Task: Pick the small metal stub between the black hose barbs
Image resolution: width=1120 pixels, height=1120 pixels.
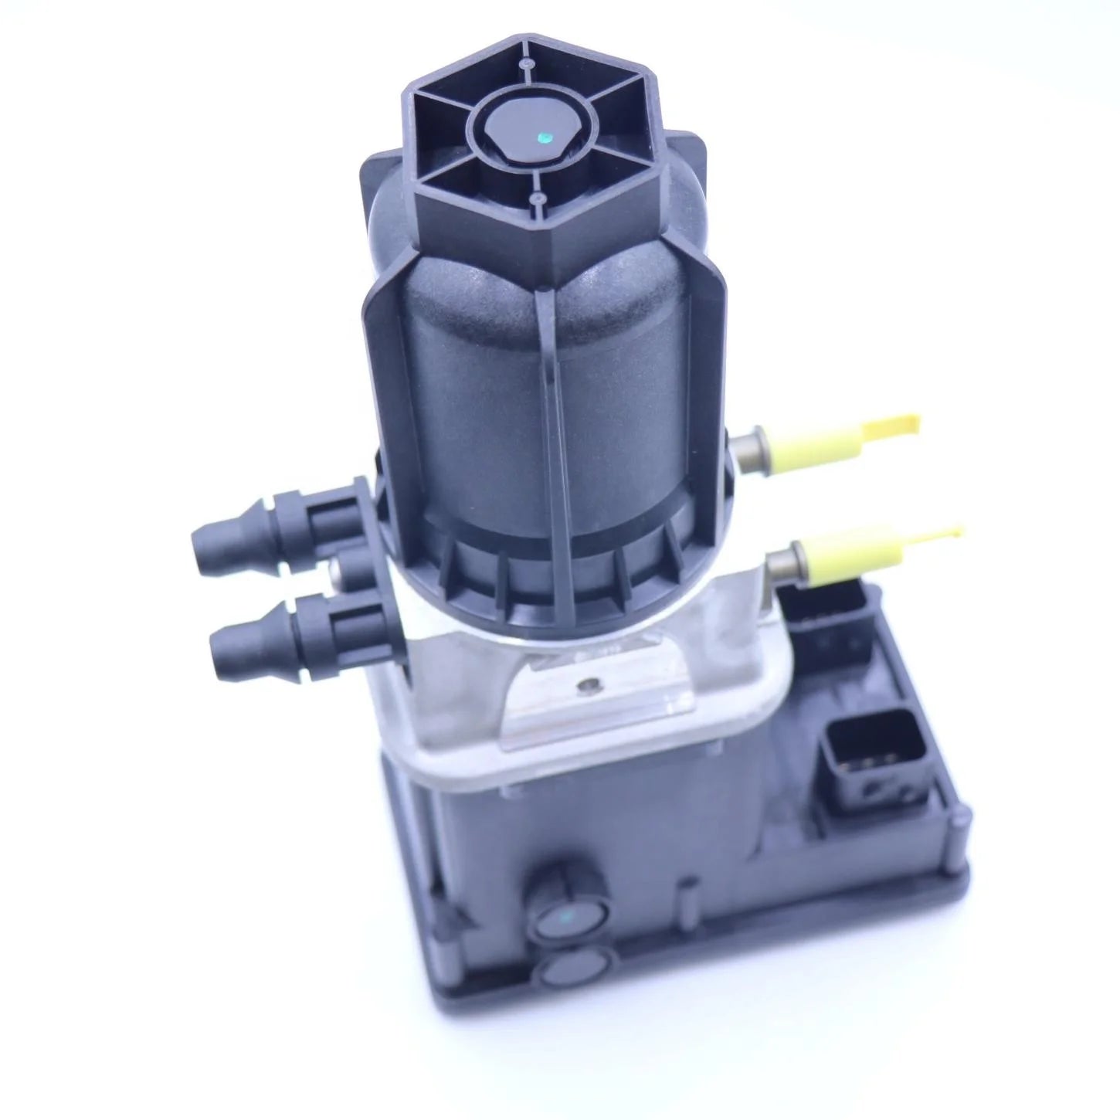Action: [x=338, y=571]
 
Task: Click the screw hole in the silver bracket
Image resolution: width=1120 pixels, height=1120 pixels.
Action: [x=591, y=684]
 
